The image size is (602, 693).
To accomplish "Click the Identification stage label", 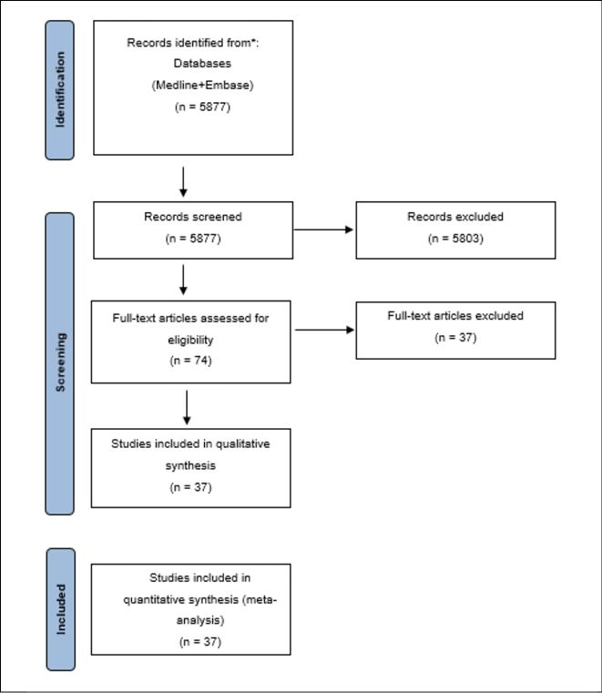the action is pyautogui.click(x=60, y=90).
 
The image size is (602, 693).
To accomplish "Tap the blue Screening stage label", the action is pyautogui.click(x=60, y=363).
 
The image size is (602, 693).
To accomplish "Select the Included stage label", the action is pyautogui.click(x=61, y=609).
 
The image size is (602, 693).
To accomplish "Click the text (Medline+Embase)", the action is pyautogui.click(x=202, y=85).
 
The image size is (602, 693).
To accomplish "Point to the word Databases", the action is pyautogui.click(x=202, y=63).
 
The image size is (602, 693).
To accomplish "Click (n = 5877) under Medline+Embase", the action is pyautogui.click(x=202, y=107).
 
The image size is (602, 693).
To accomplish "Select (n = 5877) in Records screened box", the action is pyautogui.click(x=193, y=239).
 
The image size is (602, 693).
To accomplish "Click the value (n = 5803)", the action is pyautogui.click(x=455, y=239).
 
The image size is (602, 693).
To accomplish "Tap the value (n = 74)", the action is pyautogui.click(x=190, y=361).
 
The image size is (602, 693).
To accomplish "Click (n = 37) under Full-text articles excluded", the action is pyautogui.click(x=455, y=338).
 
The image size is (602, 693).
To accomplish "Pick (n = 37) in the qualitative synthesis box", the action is pyautogui.click(x=190, y=487).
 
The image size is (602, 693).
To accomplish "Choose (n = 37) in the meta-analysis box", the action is pyautogui.click(x=200, y=642).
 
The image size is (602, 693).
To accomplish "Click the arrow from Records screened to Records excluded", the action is pyautogui.click(x=323, y=229).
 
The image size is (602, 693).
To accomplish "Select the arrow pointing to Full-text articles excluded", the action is pyautogui.click(x=325, y=330).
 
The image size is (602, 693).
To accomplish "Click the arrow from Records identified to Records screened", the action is pyautogui.click(x=183, y=182).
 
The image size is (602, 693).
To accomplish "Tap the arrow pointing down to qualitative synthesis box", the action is pyautogui.click(x=187, y=407).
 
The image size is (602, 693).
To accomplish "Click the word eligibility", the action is pyautogui.click(x=190, y=340).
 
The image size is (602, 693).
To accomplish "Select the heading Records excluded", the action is pyautogui.click(x=455, y=217).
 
